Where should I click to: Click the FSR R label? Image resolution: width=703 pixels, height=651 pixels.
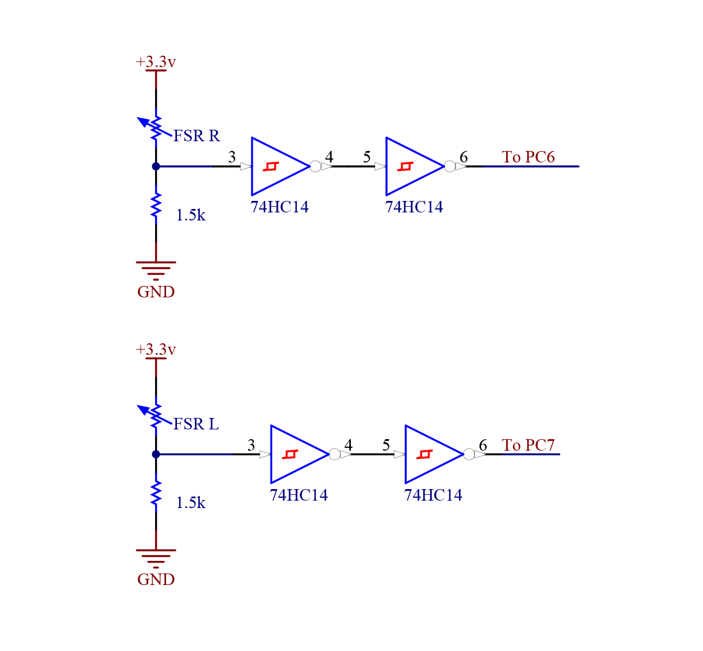[196, 136]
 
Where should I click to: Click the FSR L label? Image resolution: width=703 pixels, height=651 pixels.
[196, 424]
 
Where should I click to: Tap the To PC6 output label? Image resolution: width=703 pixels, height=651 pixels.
[528, 157]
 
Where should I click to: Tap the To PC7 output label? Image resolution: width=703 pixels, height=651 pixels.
[528, 445]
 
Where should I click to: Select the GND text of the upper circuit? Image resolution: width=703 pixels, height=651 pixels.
[156, 292]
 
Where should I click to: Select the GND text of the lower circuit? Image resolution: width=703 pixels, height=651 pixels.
[156, 580]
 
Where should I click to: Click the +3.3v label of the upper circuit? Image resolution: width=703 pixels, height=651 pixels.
[156, 62]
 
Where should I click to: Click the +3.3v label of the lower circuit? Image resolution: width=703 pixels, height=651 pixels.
[156, 350]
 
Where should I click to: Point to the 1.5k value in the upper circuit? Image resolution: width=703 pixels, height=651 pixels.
[191, 215]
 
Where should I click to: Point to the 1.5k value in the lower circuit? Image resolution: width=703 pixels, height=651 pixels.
[191, 503]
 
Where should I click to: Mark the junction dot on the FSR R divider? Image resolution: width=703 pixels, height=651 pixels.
[156, 166]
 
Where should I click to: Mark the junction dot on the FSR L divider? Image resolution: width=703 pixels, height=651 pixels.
[156, 454]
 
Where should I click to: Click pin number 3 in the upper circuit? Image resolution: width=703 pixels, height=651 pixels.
[232, 157]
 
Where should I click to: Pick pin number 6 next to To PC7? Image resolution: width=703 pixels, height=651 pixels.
[483, 445]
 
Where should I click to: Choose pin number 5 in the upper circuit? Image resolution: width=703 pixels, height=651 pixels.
[367, 157]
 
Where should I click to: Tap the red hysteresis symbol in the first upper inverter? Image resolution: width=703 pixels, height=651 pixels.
[271, 166]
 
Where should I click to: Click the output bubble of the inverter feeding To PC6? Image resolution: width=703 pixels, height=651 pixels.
[450, 166]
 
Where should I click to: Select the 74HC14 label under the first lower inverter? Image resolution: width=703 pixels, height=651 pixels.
[299, 495]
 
